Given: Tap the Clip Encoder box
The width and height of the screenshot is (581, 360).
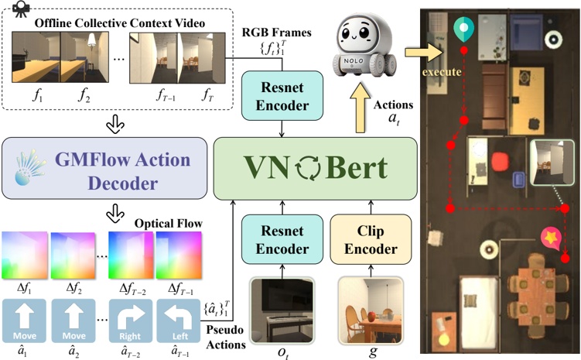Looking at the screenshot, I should [365, 241].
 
